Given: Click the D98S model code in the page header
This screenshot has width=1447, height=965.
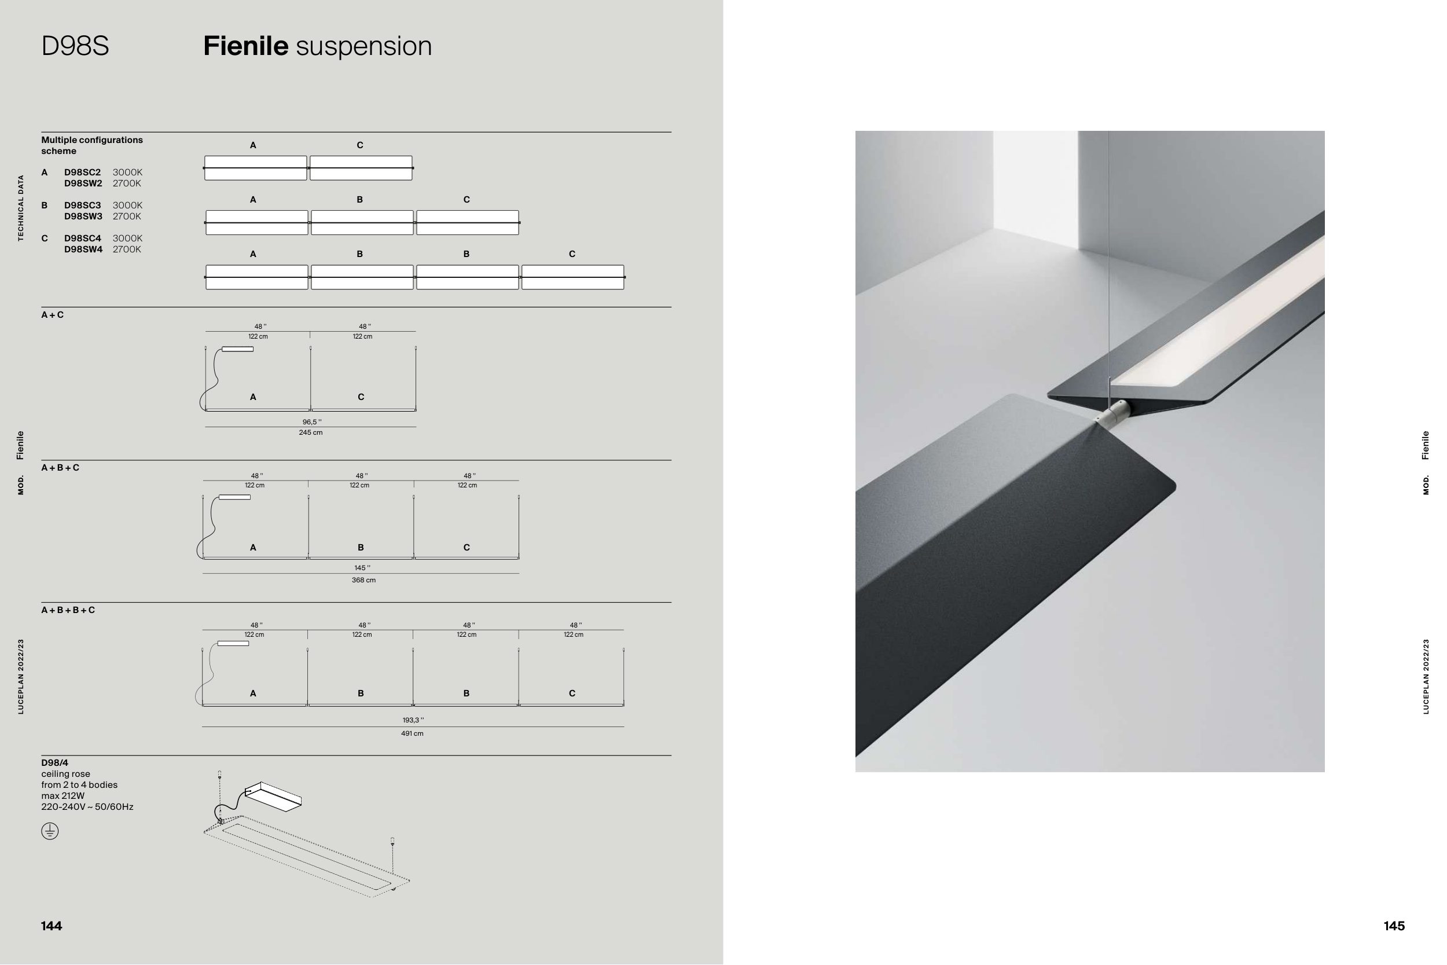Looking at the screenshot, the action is [75, 46].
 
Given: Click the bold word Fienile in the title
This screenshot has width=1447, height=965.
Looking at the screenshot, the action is [245, 46].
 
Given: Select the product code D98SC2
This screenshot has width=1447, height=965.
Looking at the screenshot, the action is [82, 173].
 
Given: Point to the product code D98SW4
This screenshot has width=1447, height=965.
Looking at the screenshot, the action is [83, 249].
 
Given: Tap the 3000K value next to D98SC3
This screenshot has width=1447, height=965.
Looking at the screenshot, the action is [127, 206].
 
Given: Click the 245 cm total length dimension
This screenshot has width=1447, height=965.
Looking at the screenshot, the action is [311, 432].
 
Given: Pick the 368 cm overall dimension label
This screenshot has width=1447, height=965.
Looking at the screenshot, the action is [363, 581].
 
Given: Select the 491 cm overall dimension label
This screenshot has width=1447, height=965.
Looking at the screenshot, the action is [412, 733].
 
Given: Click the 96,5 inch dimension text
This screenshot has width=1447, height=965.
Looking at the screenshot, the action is [312, 422].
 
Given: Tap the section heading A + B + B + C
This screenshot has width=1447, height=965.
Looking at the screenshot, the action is [68, 610].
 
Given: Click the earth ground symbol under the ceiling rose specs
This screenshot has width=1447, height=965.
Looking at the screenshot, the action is [50, 831].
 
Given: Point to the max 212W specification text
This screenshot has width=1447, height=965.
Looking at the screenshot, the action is [63, 796].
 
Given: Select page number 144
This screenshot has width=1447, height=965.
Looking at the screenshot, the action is [52, 926].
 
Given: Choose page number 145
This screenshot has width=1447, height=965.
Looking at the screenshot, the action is [1394, 926].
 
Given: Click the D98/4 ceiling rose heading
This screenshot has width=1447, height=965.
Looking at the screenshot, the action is [55, 763].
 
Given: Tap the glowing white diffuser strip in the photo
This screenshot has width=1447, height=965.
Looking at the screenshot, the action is [1218, 314].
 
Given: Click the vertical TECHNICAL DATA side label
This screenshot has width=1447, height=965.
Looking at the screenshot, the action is [21, 208].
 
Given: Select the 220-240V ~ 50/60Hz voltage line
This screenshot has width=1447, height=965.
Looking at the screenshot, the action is [87, 807].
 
